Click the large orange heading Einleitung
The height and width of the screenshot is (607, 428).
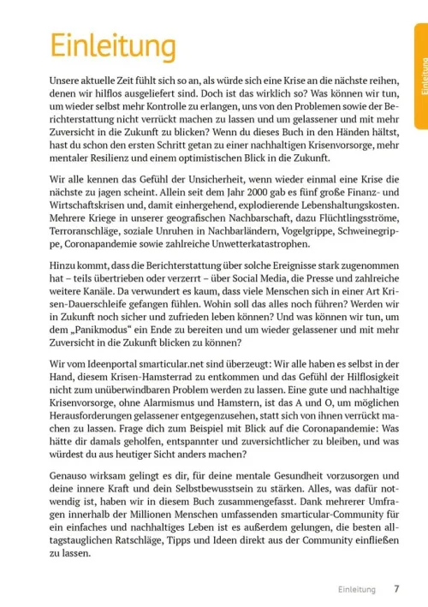point(102,45)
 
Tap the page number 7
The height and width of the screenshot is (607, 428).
point(396,588)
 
